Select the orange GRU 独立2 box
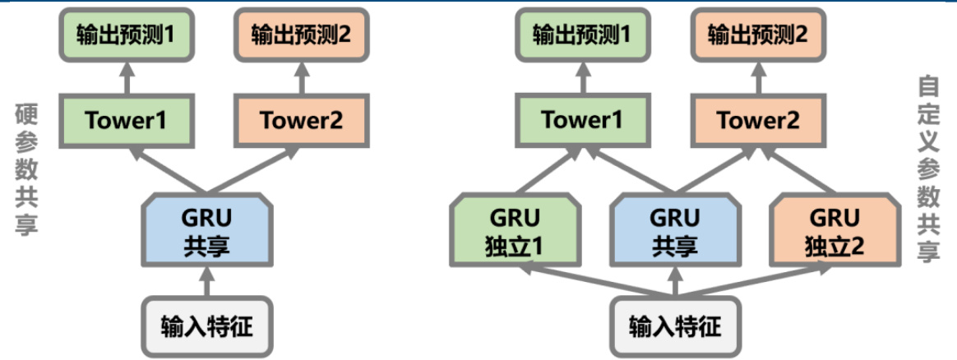pos(834,232)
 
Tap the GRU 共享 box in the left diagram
pos(207,232)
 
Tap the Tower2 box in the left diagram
pos(301,120)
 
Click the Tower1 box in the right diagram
pos(582,120)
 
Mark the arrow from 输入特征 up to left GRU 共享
pos(207,281)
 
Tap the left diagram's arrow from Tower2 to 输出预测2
pos(301,80)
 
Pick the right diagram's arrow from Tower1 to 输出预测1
pos(582,80)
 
